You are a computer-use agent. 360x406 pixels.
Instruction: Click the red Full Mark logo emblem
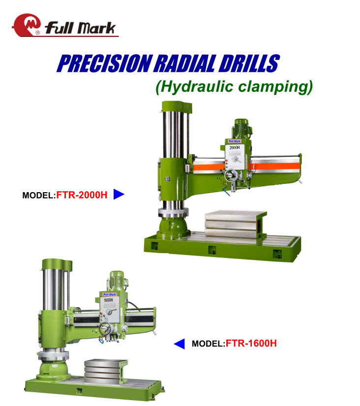pyautogui.click(x=26, y=25)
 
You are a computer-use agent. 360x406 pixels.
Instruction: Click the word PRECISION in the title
pyautogui.click(x=104, y=63)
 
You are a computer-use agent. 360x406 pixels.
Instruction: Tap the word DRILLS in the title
pyautogui.click(x=249, y=63)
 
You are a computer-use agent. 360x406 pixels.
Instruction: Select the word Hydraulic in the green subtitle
pyautogui.click(x=195, y=87)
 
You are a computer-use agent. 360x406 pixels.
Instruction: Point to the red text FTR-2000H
pyautogui.click(x=82, y=195)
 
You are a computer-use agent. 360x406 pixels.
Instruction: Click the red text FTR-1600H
pyautogui.click(x=251, y=344)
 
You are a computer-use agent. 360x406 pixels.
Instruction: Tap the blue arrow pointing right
pyautogui.click(x=119, y=195)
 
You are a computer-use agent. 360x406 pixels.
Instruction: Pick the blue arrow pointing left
pyautogui.click(x=179, y=344)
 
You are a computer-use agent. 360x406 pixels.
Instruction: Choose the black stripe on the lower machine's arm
pyautogui.click(x=114, y=319)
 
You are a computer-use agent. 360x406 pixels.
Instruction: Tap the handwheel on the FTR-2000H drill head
pyautogui.click(x=231, y=176)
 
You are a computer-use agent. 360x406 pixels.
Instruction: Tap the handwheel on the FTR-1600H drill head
pyautogui.click(x=105, y=329)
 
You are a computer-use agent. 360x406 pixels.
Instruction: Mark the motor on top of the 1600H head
pyautogui.click(x=117, y=281)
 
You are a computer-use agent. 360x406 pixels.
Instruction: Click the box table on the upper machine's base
pyautogui.click(x=235, y=225)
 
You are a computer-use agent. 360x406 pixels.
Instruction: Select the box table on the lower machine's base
pyautogui.click(x=105, y=371)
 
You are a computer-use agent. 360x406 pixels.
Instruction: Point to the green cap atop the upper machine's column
pyautogui.click(x=177, y=106)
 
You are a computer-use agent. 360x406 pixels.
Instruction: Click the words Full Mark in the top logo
pyautogui.click(x=80, y=28)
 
